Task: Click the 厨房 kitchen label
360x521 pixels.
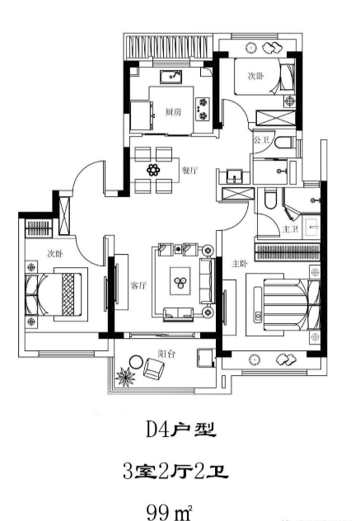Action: tap(173, 111)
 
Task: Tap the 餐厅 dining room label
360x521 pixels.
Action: tap(189, 171)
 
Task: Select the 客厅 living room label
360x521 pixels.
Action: tap(138, 285)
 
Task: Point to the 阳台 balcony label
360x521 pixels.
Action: tap(166, 354)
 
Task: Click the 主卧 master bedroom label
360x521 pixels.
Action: tap(240, 264)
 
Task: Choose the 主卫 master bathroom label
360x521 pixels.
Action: tap(290, 229)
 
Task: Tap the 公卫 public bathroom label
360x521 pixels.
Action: tap(261, 140)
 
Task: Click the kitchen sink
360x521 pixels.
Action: tap(171, 77)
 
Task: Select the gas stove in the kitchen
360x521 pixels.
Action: tap(203, 109)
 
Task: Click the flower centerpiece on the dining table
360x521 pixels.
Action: tap(153, 170)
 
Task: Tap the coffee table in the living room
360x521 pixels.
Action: tap(180, 281)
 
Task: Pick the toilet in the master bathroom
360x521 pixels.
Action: tap(270, 199)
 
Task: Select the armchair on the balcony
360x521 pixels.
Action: tap(154, 368)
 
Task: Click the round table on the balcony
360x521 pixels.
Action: tap(136, 362)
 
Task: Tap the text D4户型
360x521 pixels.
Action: tap(181, 429)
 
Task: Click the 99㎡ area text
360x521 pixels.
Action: tap(170, 513)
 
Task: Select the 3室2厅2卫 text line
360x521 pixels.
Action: tap(175, 472)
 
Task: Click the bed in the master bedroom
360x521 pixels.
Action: tap(283, 305)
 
